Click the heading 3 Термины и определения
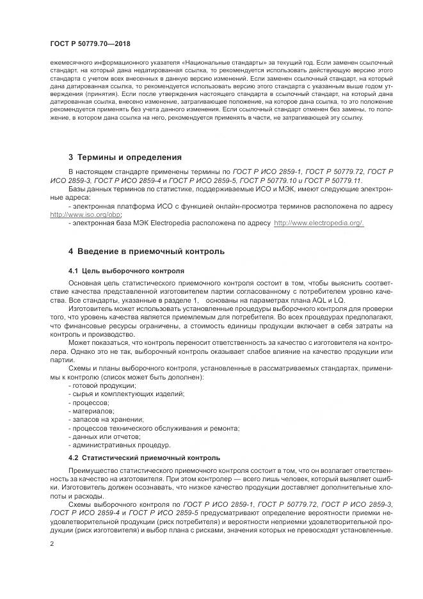coord(125,157)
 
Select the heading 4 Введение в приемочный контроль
coord(147,251)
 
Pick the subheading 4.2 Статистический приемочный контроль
coord(144,458)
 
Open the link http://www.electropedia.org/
coord(319,223)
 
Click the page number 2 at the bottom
coord(52,544)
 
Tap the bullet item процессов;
coord(90,402)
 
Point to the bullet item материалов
coord(92,410)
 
